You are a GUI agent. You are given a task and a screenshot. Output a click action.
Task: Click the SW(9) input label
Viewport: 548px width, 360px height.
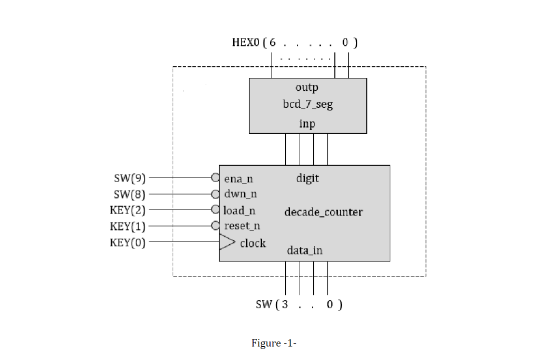coord(130,178)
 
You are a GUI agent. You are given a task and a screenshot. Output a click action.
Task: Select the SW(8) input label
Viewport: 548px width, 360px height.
coord(130,194)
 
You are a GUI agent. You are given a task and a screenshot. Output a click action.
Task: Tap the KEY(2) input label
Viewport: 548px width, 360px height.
coord(128,210)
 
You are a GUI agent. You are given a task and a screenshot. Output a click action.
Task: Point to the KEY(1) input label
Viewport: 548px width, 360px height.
coord(128,226)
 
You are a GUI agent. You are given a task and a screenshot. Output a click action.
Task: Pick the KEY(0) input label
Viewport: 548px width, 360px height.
coord(128,242)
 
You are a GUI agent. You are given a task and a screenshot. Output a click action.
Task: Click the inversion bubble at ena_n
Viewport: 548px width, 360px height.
coord(215,177)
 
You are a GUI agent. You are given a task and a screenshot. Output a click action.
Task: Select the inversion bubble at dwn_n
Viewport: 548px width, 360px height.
coord(215,194)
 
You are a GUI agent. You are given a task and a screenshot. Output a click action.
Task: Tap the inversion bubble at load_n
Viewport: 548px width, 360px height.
coord(215,209)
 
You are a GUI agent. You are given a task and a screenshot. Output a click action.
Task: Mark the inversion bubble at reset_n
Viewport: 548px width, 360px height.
coord(215,225)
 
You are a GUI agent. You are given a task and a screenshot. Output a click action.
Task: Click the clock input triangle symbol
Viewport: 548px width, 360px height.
coord(227,241)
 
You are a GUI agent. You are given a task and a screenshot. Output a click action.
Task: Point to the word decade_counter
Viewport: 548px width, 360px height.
coord(324,212)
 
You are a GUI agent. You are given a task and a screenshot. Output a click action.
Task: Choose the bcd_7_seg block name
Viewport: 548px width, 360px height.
coord(308,104)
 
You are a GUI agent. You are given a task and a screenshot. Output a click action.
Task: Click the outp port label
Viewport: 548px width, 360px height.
coord(307,87)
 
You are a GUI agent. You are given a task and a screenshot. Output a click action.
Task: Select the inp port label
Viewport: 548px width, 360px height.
coord(307,123)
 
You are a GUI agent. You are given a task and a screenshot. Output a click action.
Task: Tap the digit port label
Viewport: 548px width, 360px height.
coord(308,178)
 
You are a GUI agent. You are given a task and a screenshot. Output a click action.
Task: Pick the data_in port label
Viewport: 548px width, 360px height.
coord(304,250)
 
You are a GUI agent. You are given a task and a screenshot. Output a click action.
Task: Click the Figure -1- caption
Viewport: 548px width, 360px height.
coord(274,343)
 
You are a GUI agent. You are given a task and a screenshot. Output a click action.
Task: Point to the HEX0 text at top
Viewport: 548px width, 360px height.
coord(246,42)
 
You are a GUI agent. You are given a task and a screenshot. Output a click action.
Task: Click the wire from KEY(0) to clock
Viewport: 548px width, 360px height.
coord(184,241)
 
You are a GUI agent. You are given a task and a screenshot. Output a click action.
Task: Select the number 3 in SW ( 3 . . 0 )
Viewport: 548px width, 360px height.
coord(285,304)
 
